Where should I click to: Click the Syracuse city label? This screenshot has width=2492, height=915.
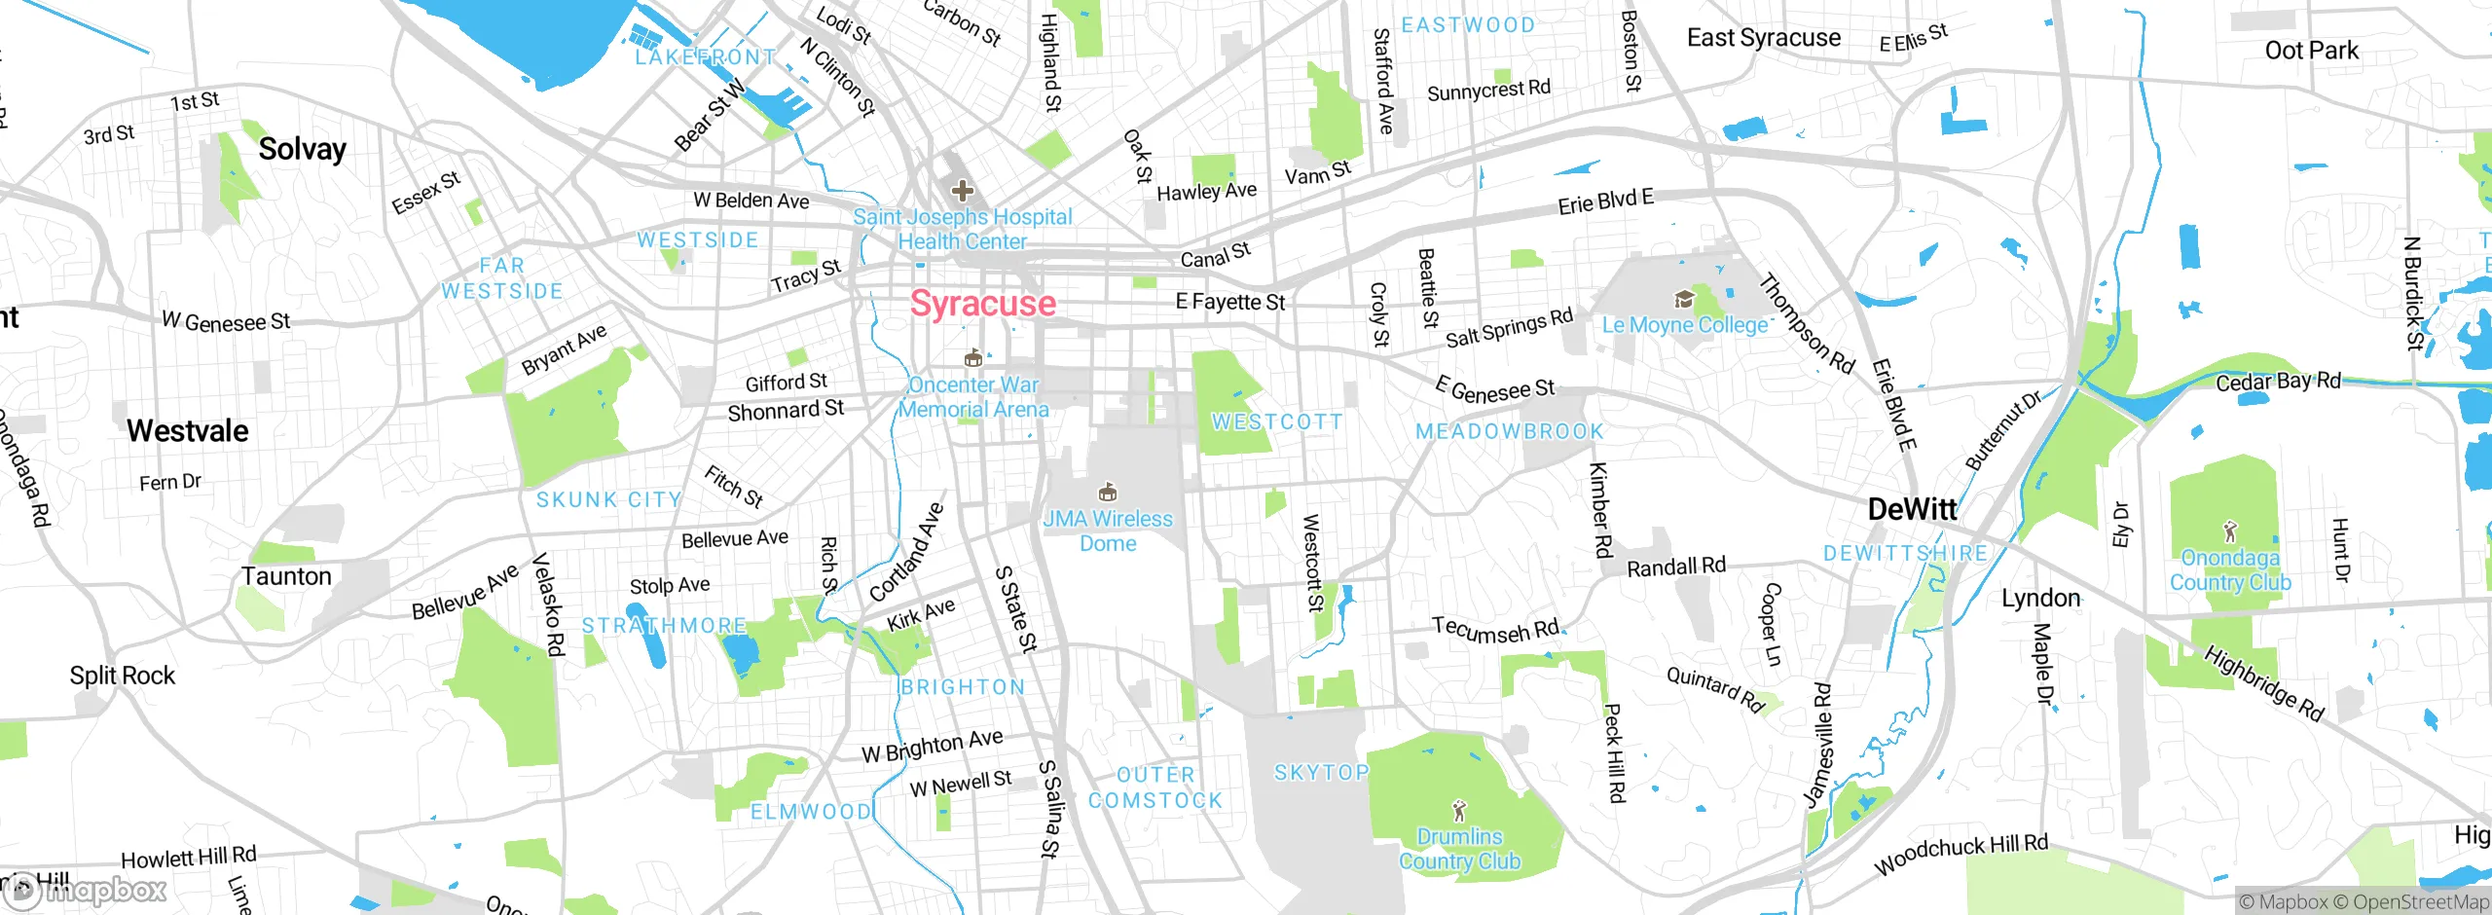click(x=982, y=304)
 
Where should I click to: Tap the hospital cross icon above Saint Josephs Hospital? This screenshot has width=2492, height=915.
click(x=962, y=190)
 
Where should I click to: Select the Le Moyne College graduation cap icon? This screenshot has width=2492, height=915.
click(x=1683, y=299)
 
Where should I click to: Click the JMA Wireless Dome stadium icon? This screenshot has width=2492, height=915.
click(x=1107, y=493)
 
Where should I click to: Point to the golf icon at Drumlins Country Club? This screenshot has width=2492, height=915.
click(x=1458, y=810)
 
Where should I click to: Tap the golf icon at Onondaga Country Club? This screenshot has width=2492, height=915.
click(x=2230, y=531)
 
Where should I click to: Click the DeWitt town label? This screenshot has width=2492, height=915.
click(x=1911, y=509)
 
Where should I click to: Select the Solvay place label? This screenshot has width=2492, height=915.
click(x=302, y=149)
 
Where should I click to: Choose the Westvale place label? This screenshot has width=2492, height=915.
click(x=187, y=431)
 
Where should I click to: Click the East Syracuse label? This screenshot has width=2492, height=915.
click(x=1763, y=38)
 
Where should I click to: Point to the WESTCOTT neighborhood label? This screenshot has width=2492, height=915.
click(x=1276, y=422)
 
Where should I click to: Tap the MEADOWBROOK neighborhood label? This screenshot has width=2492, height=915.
click(x=1509, y=431)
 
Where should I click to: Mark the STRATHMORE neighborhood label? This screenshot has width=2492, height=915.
click(x=664, y=626)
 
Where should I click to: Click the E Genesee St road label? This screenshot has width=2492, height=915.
click(x=1495, y=389)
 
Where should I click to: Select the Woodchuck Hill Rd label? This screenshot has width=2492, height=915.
click(x=1961, y=855)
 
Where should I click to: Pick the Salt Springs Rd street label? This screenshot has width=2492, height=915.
click(x=1508, y=328)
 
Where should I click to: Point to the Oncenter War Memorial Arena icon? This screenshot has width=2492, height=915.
click(x=971, y=359)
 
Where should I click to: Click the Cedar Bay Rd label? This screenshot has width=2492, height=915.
click(x=2278, y=382)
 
